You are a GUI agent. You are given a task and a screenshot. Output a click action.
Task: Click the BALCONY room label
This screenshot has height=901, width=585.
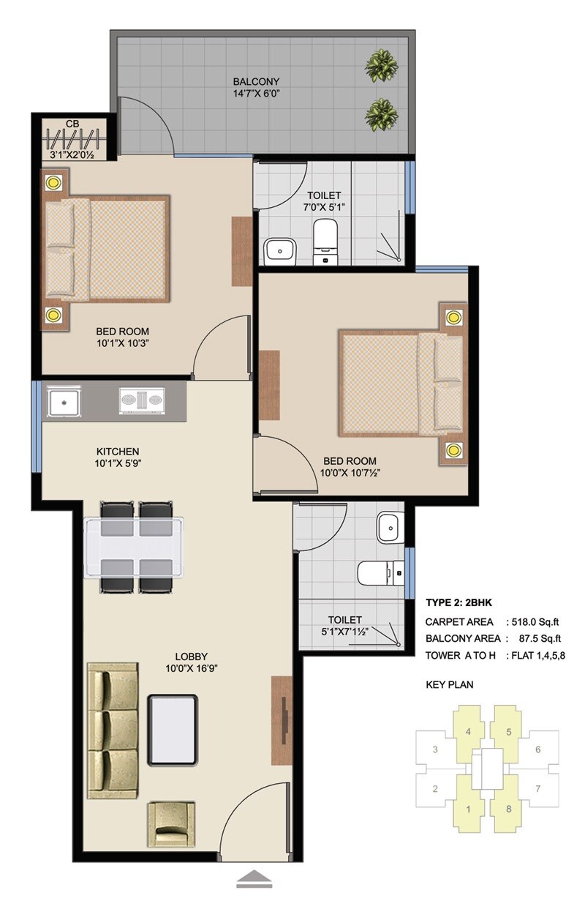coord(256,81)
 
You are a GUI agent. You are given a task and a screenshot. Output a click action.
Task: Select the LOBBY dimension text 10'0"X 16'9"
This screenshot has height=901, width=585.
coord(192,668)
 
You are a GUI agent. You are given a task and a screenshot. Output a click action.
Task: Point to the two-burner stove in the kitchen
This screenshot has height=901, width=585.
coord(143,402)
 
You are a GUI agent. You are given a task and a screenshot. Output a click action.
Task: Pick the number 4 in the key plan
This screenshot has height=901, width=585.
coord(467,730)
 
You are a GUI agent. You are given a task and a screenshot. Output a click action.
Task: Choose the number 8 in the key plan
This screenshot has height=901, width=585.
coord(509,809)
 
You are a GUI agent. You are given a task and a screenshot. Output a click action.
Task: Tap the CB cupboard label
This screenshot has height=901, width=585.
coord(72,124)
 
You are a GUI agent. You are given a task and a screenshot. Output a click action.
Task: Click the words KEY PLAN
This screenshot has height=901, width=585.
coord(450,686)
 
